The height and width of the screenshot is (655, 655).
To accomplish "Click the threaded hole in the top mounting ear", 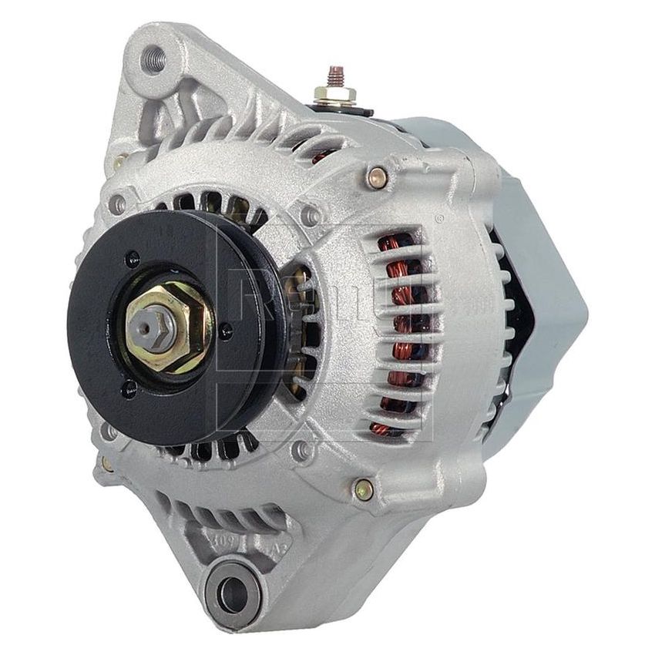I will click(154, 59).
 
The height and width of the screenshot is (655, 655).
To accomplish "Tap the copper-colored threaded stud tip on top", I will click(335, 76).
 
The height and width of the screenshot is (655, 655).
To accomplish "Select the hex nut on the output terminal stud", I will click(335, 96).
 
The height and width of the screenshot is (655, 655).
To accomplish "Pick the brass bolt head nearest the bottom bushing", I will click(363, 487).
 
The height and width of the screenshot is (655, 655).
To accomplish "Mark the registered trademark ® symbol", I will click(439, 220).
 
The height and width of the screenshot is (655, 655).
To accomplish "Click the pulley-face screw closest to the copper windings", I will click(225, 331).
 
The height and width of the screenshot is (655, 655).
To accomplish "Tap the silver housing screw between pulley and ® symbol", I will click(311, 217).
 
